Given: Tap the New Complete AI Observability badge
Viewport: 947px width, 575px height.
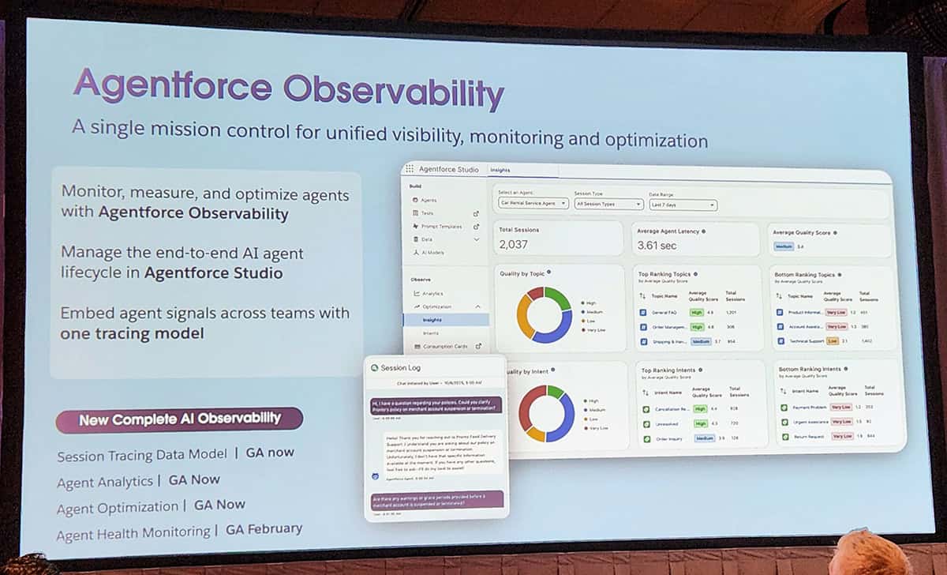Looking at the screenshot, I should (179, 419).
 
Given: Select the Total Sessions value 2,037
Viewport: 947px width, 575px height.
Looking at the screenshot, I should (514, 245).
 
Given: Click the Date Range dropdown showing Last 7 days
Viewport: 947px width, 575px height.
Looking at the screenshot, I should (683, 205).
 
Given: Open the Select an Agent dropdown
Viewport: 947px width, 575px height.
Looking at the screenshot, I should (533, 203).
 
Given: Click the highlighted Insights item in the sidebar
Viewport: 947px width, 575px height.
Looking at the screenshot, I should (432, 320).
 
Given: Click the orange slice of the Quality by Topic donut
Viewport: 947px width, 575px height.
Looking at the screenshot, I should (524, 317).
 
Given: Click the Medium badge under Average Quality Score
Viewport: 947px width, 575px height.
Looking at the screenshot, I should (783, 247).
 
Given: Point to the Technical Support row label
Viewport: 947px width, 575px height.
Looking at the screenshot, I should (807, 341).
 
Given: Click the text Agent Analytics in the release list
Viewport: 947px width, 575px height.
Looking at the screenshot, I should (105, 482).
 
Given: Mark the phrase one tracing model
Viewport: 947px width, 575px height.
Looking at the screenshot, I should (132, 333).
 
